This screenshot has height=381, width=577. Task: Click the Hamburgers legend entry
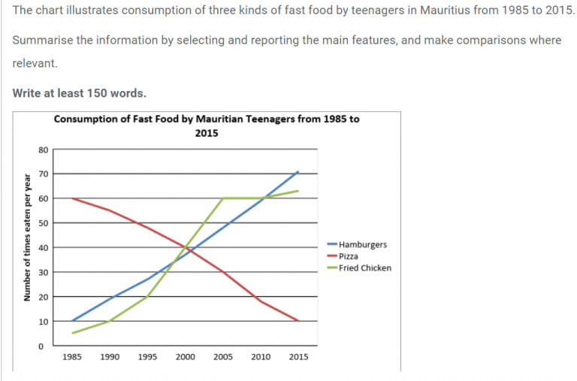click(363, 245)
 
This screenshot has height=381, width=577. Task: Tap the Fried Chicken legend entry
click(365, 268)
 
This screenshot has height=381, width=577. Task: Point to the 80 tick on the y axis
click(42, 150)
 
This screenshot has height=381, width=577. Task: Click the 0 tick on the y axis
click(44, 346)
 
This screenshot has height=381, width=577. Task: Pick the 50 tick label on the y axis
click(42, 223)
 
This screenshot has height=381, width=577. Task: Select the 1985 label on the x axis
click(72, 358)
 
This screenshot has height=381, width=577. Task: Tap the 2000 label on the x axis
click(185, 358)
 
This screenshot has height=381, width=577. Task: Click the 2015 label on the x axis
click(298, 358)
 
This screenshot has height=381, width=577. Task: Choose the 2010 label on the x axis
click(261, 358)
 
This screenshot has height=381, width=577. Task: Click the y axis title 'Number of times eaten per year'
click(27, 247)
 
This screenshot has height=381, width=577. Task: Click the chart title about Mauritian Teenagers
click(207, 125)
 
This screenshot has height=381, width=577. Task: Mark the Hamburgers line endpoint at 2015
click(298, 171)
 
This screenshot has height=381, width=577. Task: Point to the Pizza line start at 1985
click(72, 198)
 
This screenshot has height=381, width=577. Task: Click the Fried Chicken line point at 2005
click(223, 198)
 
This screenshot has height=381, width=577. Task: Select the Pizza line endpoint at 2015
click(298, 321)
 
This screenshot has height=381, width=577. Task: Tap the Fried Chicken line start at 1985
click(72, 333)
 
